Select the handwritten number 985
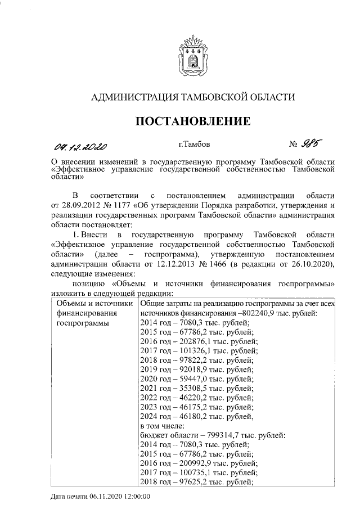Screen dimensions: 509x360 click(314, 144)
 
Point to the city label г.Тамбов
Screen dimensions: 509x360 click(194, 145)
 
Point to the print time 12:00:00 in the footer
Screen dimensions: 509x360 click(136, 497)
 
